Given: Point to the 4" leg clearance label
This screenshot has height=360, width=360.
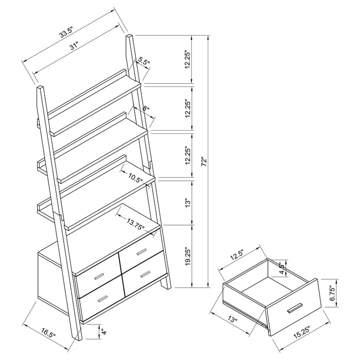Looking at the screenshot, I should point(103,333).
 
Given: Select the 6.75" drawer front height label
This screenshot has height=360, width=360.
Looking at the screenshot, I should point(332,293).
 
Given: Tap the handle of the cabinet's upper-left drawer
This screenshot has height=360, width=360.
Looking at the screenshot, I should point(98,277).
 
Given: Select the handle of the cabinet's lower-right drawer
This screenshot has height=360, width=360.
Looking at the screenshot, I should point(145,273).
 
